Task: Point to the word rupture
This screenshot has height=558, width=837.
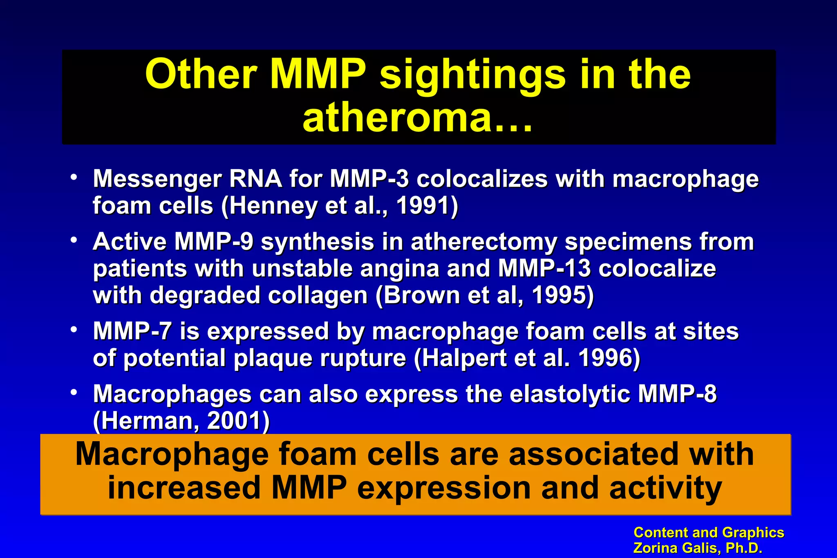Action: coord(363,358)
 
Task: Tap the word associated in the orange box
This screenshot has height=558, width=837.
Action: coord(594,454)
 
